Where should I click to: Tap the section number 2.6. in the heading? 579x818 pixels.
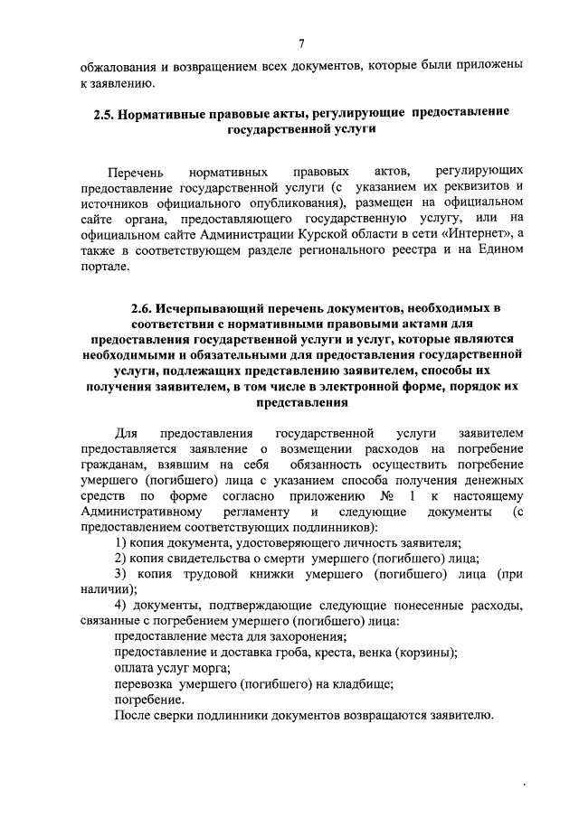coord(146,311)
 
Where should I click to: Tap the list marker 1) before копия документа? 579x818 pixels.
coord(121,542)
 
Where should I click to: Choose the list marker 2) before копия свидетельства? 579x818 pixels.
coord(121,559)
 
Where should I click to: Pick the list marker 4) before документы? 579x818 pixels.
coord(122,606)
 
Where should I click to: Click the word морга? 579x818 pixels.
coord(211,669)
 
